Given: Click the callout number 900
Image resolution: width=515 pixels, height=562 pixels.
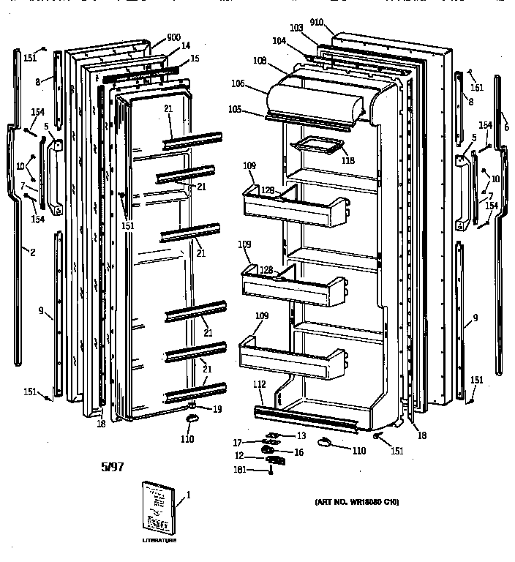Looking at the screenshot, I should (174, 37).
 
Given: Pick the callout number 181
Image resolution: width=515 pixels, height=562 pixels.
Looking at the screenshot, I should (258, 471).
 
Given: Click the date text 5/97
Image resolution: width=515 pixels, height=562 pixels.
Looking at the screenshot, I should (110, 465).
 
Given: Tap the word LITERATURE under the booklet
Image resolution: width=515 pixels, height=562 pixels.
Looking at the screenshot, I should (159, 541).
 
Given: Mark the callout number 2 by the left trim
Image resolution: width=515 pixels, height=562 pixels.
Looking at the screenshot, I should (31, 252).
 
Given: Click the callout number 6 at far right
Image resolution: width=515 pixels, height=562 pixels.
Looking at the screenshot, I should (506, 126).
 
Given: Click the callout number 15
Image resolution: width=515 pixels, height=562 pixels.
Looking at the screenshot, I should (194, 58).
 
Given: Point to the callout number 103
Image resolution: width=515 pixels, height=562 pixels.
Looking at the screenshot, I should (296, 28).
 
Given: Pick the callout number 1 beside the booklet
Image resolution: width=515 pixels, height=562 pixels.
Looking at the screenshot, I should (188, 495).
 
